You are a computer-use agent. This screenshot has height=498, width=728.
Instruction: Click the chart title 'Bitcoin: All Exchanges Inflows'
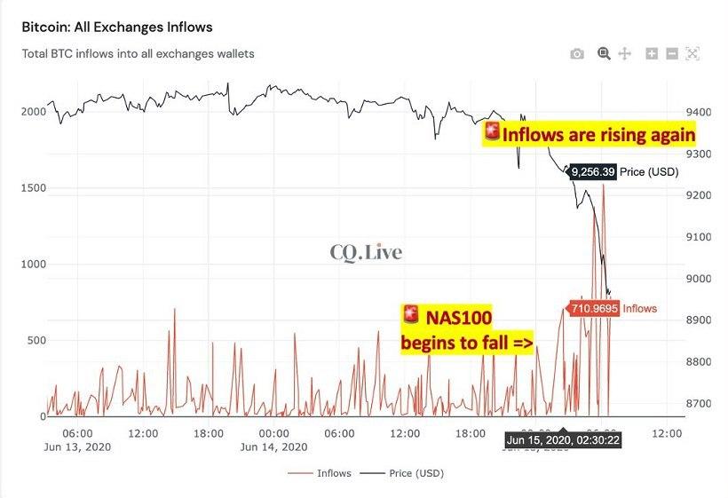[x=117, y=28]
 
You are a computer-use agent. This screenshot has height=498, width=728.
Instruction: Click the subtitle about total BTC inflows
[x=138, y=54]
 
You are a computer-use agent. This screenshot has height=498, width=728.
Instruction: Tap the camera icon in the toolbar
[x=577, y=54]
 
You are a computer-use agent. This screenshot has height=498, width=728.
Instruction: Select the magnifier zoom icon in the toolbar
[x=604, y=54]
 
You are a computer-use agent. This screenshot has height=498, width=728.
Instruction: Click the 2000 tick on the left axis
[x=32, y=112]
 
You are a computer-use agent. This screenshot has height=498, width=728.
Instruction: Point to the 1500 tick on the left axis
[x=32, y=188]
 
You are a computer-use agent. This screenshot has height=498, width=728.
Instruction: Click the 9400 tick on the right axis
[x=699, y=113]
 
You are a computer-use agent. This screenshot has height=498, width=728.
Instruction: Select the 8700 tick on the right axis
[x=699, y=404]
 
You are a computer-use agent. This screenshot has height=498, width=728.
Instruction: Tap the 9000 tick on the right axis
[x=699, y=279]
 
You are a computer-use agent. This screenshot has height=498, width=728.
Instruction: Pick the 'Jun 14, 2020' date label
[x=273, y=447]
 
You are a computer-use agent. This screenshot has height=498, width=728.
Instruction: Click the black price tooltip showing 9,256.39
[x=592, y=172]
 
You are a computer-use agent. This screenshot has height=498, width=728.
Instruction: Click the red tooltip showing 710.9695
[x=592, y=309]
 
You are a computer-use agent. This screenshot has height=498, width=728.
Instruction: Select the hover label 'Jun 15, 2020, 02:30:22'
[x=563, y=439]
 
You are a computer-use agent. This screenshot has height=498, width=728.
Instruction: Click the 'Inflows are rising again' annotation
[x=590, y=135]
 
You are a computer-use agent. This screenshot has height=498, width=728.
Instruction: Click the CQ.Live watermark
[x=366, y=253]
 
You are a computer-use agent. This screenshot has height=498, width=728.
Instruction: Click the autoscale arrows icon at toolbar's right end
[x=692, y=54]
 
